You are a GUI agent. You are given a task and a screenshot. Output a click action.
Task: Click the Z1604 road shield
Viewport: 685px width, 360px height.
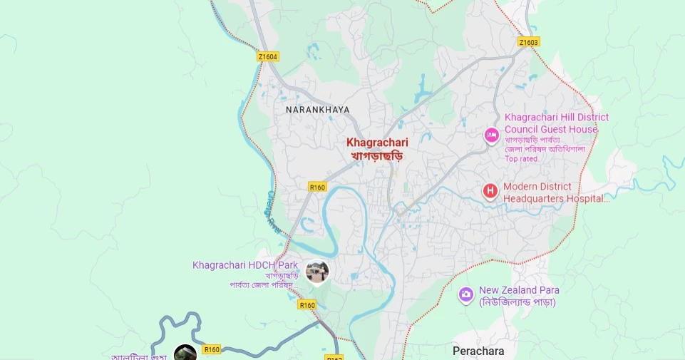(268, 56)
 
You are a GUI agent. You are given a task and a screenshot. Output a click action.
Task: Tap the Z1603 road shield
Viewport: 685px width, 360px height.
(529, 42)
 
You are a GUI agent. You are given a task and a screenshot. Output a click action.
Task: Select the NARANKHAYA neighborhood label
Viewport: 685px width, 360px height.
(317, 110)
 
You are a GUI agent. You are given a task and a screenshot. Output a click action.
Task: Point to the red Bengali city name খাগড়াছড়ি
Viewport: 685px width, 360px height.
(377, 155)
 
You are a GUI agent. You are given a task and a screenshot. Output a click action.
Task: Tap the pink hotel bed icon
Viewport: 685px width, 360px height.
(491, 135)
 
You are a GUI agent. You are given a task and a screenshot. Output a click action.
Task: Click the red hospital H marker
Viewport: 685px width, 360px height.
(490, 191)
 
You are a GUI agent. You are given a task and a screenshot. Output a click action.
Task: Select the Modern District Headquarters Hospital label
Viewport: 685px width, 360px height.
(557, 192)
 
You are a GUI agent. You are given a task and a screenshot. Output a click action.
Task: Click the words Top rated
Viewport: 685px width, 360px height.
(521, 159)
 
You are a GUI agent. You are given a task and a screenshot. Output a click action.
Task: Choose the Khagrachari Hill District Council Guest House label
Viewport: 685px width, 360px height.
(557, 123)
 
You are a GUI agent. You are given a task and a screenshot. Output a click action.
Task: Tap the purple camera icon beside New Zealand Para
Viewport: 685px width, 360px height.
(466, 294)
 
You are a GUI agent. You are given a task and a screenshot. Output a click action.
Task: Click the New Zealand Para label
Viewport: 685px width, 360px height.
(519, 290)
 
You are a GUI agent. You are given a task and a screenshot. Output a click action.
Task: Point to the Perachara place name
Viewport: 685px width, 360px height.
(478, 351)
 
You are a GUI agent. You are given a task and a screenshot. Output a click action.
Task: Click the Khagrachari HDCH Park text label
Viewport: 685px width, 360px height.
(245, 265)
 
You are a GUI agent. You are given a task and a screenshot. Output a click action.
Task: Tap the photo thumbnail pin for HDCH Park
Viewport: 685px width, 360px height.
(316, 272)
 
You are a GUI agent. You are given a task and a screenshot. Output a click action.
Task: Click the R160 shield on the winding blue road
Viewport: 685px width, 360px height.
(212, 349)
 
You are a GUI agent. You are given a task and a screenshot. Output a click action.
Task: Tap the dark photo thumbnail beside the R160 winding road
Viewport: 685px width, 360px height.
(185, 353)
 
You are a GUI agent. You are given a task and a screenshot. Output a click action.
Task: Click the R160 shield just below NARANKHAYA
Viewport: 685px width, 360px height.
(317, 187)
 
